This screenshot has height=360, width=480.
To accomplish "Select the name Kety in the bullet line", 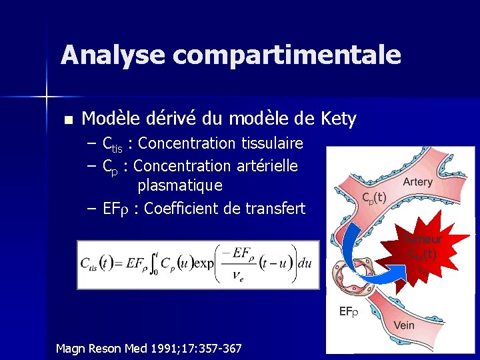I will pyautogui.click(x=338, y=119).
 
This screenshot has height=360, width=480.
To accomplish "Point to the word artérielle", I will pyautogui.click(x=265, y=165).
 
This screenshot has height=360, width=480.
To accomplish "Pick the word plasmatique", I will pyautogui.click(x=180, y=185).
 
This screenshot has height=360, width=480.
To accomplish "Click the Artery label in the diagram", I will pyautogui.click(x=418, y=182).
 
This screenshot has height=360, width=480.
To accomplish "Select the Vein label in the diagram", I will pyautogui.click(x=405, y=325).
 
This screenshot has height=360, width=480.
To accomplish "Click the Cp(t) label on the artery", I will pyautogui.click(x=374, y=197).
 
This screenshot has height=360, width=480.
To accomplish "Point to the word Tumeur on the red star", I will pyautogui.click(x=422, y=240).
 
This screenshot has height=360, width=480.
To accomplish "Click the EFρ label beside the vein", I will pyautogui.click(x=349, y=311).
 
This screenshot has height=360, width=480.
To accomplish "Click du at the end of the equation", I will pyautogui.click(x=305, y=265).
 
